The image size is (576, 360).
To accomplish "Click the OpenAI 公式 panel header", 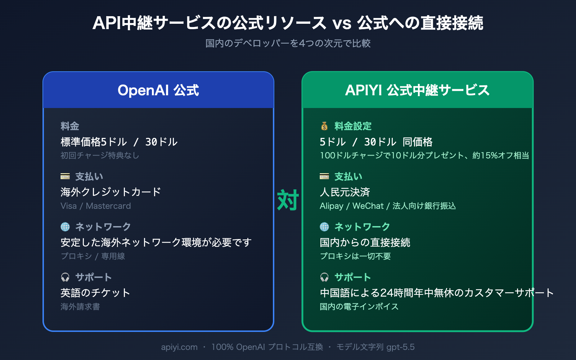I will tap(158, 90).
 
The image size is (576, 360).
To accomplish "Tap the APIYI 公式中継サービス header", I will tap(417, 90).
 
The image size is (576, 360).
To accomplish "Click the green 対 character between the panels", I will tap(288, 200).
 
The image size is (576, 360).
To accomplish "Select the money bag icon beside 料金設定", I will tap(324, 126).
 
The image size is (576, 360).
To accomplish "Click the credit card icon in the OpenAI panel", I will tap(65, 176).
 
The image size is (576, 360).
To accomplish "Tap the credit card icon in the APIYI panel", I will tap(324, 176).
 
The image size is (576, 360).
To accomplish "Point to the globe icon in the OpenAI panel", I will tap(65, 227).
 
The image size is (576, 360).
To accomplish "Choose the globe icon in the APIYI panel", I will tap(324, 227).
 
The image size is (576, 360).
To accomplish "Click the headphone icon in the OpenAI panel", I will tap(65, 277).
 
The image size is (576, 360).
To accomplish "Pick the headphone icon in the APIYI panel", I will tap(324, 277).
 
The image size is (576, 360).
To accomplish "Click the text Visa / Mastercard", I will tap(96, 206).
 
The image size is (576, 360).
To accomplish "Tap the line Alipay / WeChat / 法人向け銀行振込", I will tap(388, 206).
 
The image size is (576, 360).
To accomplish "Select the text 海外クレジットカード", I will tap(111, 192).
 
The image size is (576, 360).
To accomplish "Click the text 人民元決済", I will tap(345, 192).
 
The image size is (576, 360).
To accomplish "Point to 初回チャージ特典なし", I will tap(100, 156).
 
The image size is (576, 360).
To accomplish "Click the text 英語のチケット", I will tap(95, 293).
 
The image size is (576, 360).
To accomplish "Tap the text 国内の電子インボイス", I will tap(359, 307).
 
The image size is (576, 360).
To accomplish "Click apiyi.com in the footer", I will tap(179, 347).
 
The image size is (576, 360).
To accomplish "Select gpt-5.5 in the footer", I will tap(400, 347).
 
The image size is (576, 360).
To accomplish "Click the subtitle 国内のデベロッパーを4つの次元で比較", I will tap(288, 44).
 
